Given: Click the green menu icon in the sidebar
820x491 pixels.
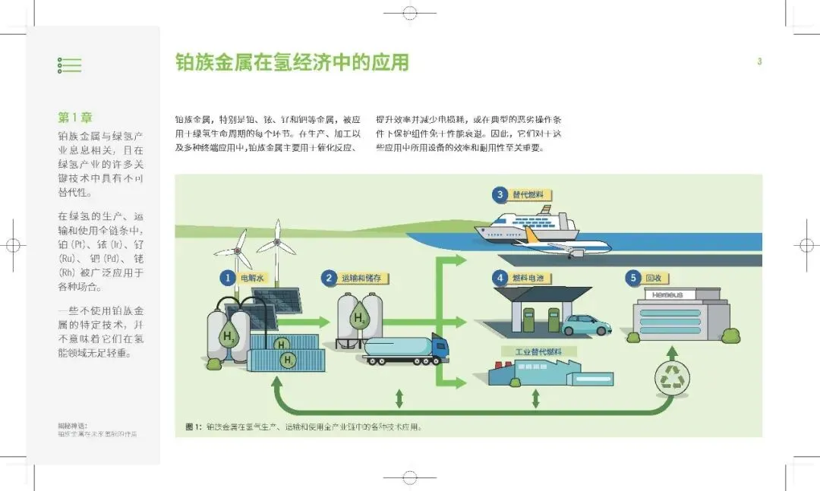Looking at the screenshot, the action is pyautogui.click(x=69, y=65).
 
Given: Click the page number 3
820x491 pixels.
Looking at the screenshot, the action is pyautogui.click(x=758, y=62).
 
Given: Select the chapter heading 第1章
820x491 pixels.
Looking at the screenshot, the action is pyautogui.click(x=75, y=118).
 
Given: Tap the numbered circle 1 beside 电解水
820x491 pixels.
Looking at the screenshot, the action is pyautogui.click(x=226, y=279).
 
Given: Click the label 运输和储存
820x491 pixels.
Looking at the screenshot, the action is pyautogui.click(x=366, y=279).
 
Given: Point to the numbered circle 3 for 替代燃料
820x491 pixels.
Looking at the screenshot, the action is pyautogui.click(x=500, y=195).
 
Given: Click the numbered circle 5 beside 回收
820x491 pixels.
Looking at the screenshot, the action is pyautogui.click(x=633, y=279).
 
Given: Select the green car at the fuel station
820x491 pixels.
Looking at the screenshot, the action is pyautogui.click(x=586, y=325).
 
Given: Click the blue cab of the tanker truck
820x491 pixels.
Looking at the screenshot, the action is pyautogui.click(x=439, y=348).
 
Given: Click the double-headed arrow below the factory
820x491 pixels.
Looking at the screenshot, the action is pyautogui.click(x=535, y=398).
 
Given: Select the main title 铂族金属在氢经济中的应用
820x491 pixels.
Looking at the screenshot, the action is pyautogui.click(x=292, y=62).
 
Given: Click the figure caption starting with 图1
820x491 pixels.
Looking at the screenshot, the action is pyautogui.click(x=304, y=426).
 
